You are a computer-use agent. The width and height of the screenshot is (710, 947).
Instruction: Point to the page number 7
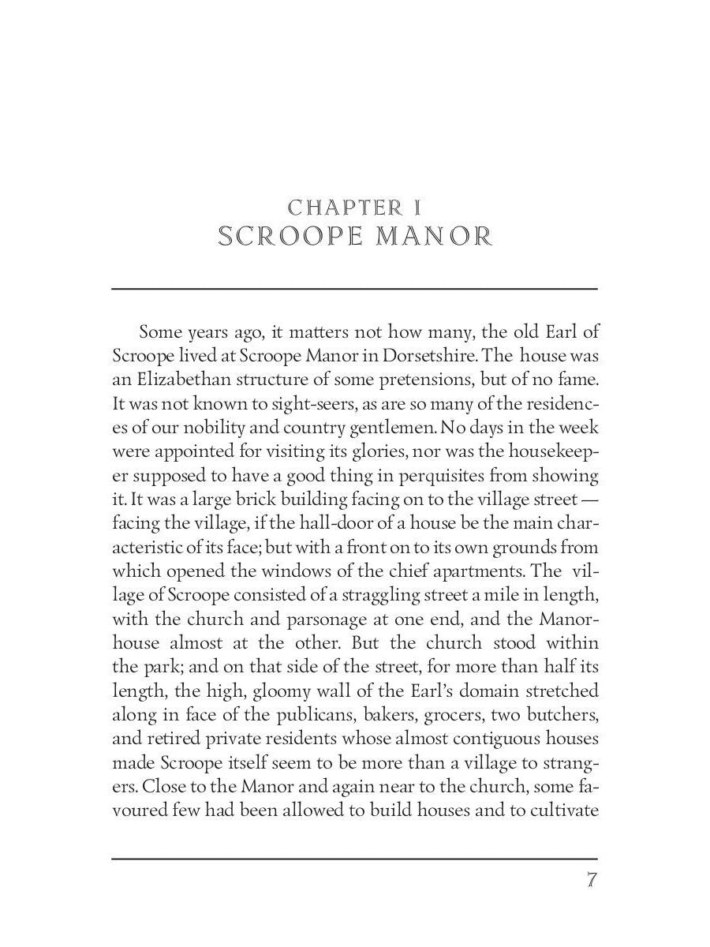590,880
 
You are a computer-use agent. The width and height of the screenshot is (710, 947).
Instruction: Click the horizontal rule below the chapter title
354,289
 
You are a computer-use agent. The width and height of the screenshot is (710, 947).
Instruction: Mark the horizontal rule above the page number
354,859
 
